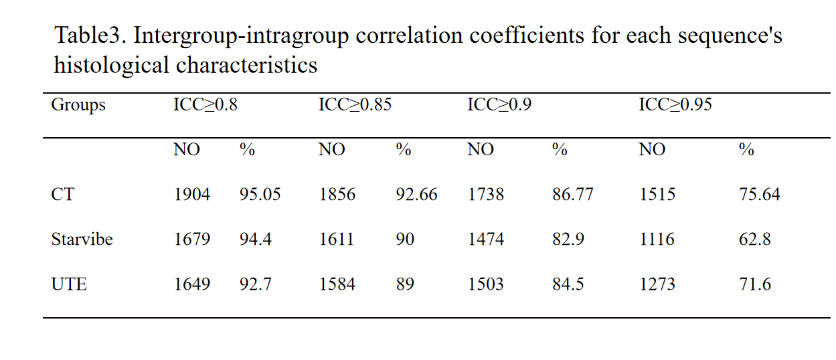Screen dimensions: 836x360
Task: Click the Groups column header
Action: click(78, 105)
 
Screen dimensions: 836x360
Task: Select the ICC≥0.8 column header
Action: click(205, 104)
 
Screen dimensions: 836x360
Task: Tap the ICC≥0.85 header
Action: click(355, 104)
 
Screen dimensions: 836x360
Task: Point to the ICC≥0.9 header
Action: click(499, 104)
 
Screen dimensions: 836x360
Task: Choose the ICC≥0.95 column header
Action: click(675, 104)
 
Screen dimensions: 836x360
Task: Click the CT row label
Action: click(63, 194)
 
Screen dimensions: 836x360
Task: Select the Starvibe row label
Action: click(82, 239)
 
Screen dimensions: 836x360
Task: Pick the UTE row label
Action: click(69, 284)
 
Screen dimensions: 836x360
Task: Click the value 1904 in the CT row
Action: click(192, 194)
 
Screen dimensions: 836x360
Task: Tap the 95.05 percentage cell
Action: click(260, 194)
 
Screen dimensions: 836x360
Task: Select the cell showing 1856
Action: click(337, 194)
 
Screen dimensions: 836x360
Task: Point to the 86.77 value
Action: click(573, 194)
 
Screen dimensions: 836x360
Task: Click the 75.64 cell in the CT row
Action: click(760, 194)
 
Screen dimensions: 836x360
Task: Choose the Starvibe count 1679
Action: click(192, 239)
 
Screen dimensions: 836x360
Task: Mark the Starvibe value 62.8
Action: click(754, 239)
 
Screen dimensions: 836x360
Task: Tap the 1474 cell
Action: click(486, 239)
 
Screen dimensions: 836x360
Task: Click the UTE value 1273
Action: click(657, 284)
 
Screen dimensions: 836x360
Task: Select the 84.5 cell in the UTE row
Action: click(568, 284)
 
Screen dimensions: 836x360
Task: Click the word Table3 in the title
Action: click(90, 35)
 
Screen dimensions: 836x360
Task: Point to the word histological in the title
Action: click(112, 66)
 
